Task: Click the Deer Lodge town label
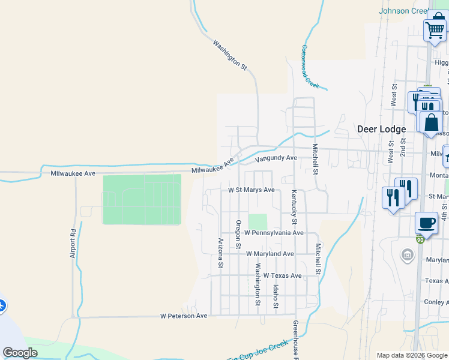tap(381, 129)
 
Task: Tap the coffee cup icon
tap(426, 223)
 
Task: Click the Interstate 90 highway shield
tap(420, 239)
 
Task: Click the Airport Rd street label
tap(73, 243)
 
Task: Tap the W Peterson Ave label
tap(183, 316)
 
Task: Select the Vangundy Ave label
tap(276, 158)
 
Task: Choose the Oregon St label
tap(238, 234)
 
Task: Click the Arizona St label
tap(221, 252)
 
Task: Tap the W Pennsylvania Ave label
tap(274, 233)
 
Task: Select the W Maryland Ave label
tap(270, 254)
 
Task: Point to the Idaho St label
tap(276, 297)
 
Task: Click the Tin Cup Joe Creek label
tap(258, 352)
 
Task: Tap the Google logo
tap(20, 353)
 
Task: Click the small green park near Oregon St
tap(258, 221)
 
